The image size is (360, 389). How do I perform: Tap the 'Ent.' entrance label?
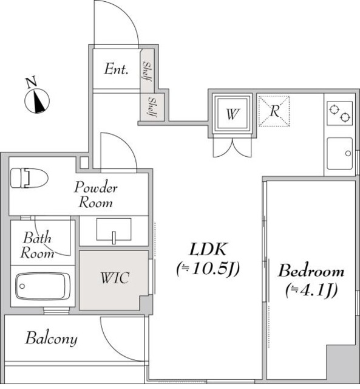point(116,69)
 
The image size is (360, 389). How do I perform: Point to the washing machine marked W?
point(231,113)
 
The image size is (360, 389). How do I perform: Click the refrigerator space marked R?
point(274,112)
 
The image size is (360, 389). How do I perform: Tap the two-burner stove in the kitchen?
point(339,112)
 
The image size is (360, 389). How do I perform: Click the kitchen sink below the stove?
point(339,154)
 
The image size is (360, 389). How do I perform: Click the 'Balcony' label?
point(51,339)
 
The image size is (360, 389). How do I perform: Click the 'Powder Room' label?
point(96,194)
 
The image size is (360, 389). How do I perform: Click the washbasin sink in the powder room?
point(114,230)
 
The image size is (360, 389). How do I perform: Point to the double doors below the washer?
point(231,148)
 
